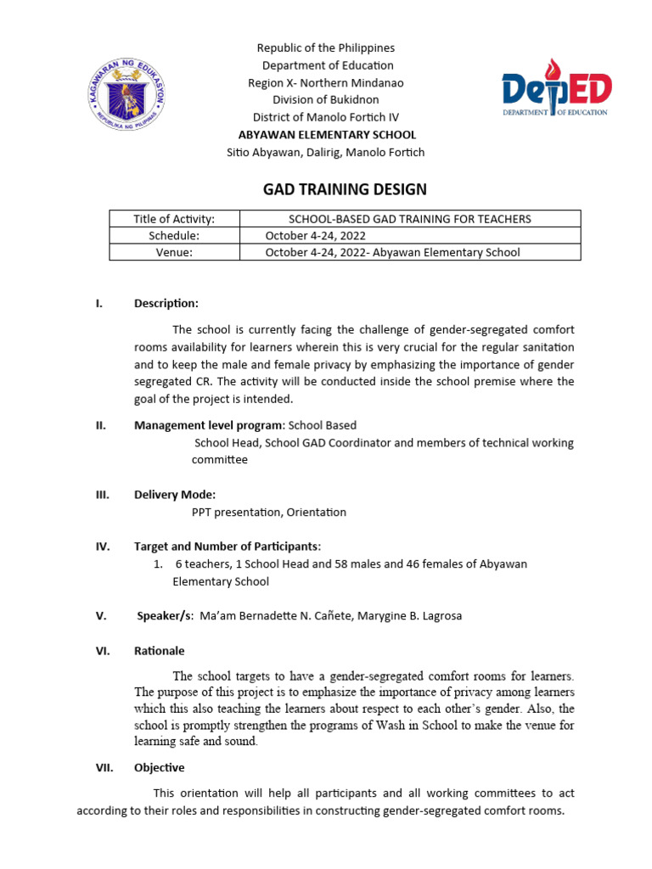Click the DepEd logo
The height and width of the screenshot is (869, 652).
[556, 89]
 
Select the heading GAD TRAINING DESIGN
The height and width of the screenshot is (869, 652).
[345, 189]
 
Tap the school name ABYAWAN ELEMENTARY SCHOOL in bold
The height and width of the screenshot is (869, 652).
[327, 134]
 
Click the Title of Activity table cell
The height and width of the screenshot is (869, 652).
[174, 219]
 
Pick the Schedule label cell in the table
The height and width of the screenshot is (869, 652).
[174, 235]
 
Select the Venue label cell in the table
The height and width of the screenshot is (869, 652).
[174, 252]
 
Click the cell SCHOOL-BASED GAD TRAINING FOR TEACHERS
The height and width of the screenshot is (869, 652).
[410, 219]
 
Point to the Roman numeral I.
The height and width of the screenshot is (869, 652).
[98, 303]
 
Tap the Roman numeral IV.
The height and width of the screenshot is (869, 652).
[102, 547]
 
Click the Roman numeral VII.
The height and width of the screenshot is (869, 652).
[104, 767]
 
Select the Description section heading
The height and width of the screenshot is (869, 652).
[166, 303]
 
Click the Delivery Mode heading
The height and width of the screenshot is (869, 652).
[175, 495]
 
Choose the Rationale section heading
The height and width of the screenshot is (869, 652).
[159, 651]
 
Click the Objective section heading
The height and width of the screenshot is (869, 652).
[159, 767]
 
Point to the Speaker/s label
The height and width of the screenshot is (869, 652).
[166, 616]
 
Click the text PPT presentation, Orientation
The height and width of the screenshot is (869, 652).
[269, 512]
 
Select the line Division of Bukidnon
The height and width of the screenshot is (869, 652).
[327, 99]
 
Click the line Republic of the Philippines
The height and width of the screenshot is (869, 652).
[327, 48]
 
